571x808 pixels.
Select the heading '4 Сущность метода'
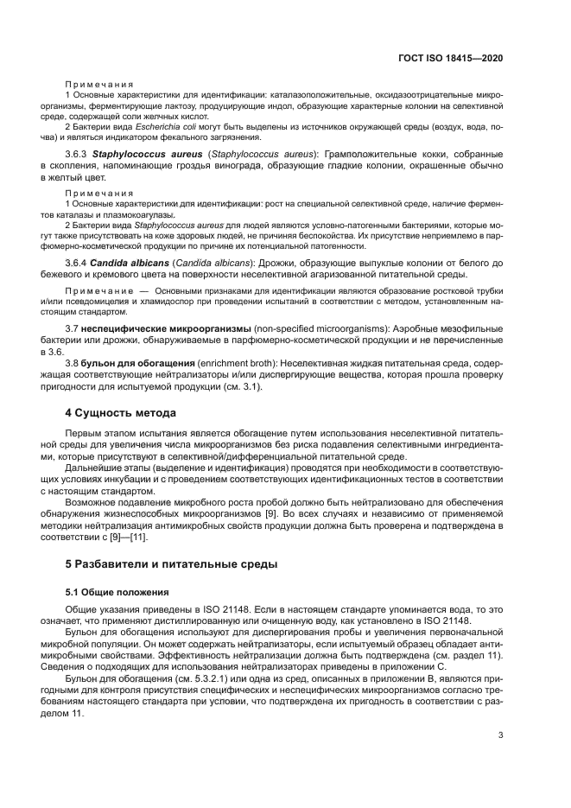pos(121,412)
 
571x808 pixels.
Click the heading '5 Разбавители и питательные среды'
pos(172,564)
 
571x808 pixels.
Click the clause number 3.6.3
pos(77,153)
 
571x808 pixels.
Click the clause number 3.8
pos(73,363)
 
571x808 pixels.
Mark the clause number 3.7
pos(73,328)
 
